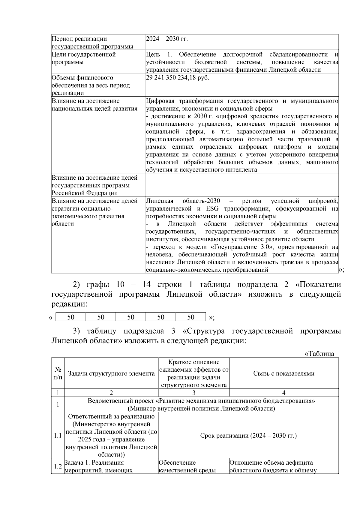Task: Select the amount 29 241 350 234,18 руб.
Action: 177,78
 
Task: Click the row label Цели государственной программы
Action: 84,58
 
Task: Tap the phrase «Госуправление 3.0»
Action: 238,247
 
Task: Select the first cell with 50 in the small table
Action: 71,317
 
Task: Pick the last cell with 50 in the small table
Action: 191,317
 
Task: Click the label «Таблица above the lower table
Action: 319,354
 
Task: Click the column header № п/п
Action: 58,373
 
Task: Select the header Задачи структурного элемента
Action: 111,374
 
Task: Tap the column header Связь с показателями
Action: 284,373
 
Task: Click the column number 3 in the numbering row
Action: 194,393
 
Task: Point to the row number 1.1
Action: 58,436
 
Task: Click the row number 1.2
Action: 58,466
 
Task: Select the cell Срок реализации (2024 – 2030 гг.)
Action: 248,436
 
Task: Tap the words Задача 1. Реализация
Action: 94,463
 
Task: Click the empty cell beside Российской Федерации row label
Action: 242,185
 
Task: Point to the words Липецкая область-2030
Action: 183,201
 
